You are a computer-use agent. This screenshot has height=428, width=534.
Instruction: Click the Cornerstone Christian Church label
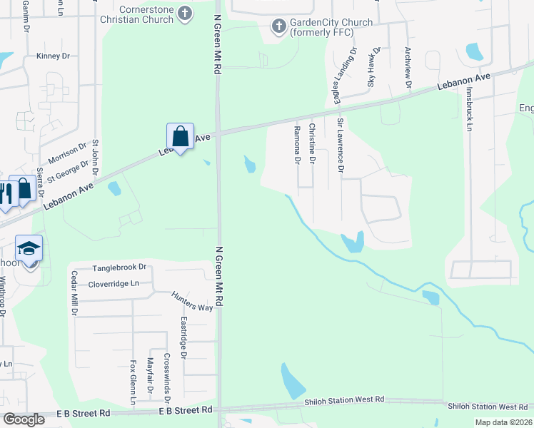click(x=136, y=14)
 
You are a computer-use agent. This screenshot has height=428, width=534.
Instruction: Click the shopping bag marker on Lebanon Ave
click(x=180, y=136)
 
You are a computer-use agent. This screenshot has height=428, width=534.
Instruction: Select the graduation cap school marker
click(x=29, y=248)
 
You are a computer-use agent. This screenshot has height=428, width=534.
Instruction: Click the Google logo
click(x=23, y=419)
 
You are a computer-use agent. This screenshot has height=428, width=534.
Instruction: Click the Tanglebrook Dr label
click(x=119, y=267)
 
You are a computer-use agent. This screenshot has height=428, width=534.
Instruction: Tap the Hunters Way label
click(x=192, y=301)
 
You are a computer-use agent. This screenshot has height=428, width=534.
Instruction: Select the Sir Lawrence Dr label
click(x=341, y=146)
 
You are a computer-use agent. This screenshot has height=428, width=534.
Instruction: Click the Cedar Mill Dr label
click(x=74, y=294)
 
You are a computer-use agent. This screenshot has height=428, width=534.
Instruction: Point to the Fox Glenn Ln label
click(x=133, y=382)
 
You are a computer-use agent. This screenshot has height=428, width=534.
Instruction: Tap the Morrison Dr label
click(x=67, y=152)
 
